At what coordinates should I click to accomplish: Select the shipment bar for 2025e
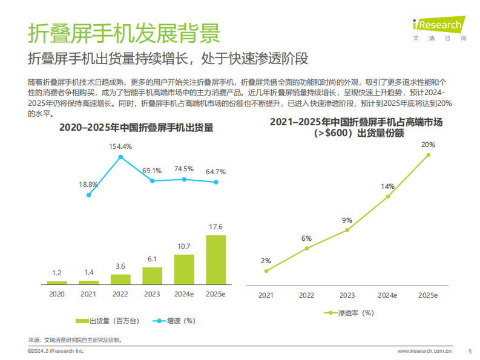click(x=215, y=260)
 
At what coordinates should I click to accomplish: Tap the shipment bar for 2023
click(x=152, y=276)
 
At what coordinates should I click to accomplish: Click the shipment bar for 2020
click(x=57, y=283)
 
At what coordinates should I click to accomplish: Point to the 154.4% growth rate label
click(x=120, y=146)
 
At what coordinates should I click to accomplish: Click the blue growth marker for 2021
click(x=89, y=195)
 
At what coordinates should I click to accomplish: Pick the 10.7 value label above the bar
click(x=183, y=246)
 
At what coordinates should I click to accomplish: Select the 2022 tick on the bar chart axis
click(x=120, y=294)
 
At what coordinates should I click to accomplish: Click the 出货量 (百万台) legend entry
click(x=103, y=321)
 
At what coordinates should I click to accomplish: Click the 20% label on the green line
click(x=428, y=145)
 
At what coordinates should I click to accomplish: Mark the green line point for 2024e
click(x=388, y=197)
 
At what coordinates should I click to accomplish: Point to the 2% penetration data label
click(x=266, y=261)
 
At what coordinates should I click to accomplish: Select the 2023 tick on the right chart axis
click(x=347, y=295)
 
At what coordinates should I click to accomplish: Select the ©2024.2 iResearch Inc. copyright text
click(x=56, y=351)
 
